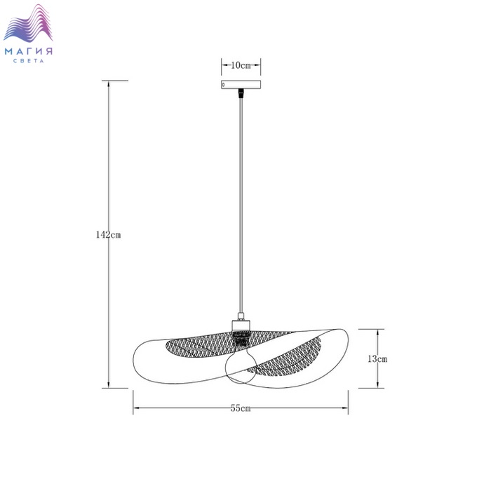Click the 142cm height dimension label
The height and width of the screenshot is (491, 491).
pyautogui.click(x=108, y=235)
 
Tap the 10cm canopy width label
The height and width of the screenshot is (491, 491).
pyautogui.click(x=241, y=65)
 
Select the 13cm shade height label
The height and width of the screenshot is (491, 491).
pyautogui.click(x=377, y=359)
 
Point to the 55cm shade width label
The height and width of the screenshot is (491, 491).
pyautogui.click(x=241, y=408)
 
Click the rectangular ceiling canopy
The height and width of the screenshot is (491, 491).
pyautogui.click(x=241, y=85)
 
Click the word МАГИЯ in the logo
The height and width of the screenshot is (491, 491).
pyautogui.click(x=29, y=51)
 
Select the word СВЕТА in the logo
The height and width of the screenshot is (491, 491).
pyautogui.click(x=29, y=61)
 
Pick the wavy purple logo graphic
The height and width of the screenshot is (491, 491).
pyautogui.click(x=28, y=23)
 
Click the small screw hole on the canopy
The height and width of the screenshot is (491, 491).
pyautogui.click(x=223, y=85)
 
